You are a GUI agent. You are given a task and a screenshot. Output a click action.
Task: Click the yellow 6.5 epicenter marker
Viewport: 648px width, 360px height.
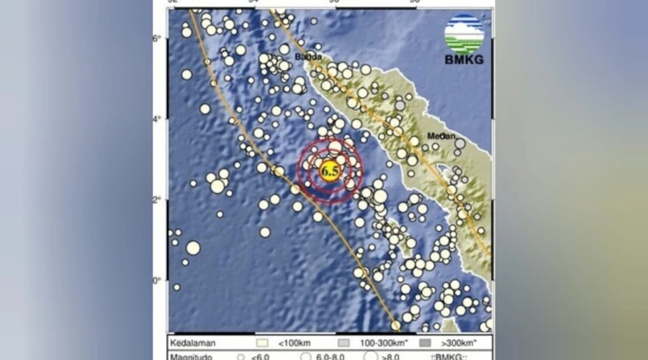[330, 171]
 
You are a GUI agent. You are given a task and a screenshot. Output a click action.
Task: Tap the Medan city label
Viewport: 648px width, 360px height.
[441, 135]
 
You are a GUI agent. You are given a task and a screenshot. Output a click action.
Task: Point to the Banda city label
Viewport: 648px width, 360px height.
[307, 56]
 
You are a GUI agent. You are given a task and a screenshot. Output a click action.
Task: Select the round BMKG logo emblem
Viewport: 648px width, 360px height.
[464, 33]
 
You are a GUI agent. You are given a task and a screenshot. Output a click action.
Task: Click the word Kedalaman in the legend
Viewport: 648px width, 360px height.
[193, 342]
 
